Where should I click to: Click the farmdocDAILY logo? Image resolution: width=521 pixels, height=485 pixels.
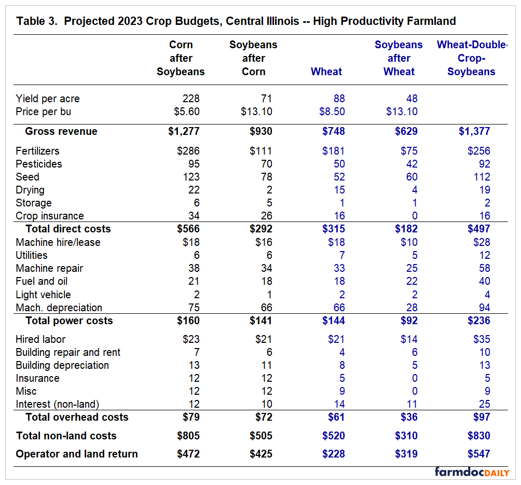click(472, 472)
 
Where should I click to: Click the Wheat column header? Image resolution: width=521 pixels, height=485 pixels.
click(326, 72)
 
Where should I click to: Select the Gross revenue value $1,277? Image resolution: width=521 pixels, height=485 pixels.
click(184, 131)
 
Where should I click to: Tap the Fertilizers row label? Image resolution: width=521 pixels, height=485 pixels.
click(37, 151)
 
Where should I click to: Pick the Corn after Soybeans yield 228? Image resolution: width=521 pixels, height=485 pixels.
click(191, 99)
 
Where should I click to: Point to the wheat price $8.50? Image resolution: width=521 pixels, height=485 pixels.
click(332, 112)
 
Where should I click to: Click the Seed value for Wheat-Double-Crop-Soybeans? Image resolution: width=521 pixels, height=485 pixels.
click(482, 177)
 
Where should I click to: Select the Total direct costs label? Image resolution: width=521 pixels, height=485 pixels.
click(68, 229)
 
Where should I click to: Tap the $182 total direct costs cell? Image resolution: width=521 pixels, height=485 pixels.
click(406, 229)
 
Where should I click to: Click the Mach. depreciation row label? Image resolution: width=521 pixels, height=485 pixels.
click(59, 308)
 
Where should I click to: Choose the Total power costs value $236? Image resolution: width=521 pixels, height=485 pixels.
click(479, 321)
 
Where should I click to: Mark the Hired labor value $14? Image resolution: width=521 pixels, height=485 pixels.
click(409, 339)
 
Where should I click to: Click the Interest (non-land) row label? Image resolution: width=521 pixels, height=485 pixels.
click(58, 404)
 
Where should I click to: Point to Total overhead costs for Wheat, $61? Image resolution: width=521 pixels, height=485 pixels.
click(336, 417)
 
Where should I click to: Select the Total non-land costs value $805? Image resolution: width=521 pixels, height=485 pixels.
click(188, 436)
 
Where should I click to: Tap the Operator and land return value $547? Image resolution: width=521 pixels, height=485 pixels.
click(479, 454)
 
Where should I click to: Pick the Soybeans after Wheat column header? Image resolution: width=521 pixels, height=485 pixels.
click(399, 58)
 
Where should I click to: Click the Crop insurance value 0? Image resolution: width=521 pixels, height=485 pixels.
click(415, 216)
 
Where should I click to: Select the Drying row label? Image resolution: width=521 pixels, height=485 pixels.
click(30, 190)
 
